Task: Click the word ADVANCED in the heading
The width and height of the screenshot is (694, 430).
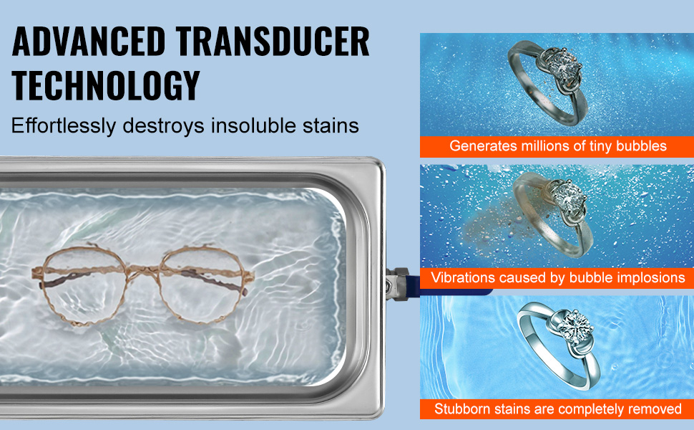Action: tap(89, 42)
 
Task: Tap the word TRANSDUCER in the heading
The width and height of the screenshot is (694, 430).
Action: tap(272, 42)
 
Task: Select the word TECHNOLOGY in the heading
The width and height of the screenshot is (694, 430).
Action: tap(106, 85)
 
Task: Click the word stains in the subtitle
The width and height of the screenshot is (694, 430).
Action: tap(331, 125)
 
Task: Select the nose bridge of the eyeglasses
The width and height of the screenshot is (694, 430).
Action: tap(142, 269)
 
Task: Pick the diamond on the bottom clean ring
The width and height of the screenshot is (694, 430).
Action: tap(575, 326)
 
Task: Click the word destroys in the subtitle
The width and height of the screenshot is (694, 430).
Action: tap(163, 126)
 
